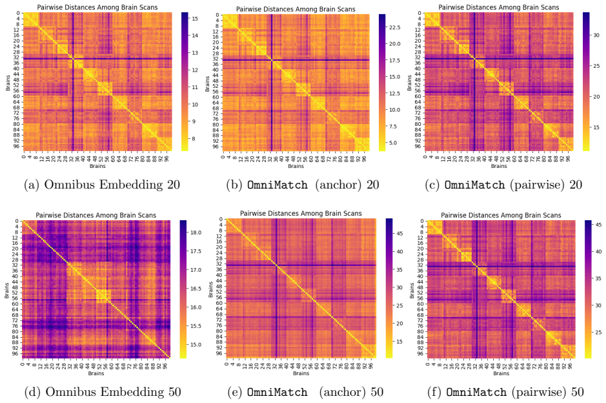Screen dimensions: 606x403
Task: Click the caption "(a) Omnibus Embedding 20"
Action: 102,185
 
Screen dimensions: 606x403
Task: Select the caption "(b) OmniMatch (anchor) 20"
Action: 302,185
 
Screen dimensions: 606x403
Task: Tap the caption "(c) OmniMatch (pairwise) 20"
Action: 503,185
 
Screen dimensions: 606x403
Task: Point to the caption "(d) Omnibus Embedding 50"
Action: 103,392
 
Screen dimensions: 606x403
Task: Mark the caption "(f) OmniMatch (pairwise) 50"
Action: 505,392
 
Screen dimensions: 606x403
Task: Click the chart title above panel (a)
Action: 97,7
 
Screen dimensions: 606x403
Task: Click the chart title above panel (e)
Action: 301,213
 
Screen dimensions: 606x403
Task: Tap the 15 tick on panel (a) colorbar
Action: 195,19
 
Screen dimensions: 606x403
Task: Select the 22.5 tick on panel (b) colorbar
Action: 394,28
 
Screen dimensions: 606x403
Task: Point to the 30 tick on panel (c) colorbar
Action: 596,35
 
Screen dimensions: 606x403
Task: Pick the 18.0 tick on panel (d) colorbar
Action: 196,232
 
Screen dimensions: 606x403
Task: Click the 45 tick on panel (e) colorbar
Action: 399,234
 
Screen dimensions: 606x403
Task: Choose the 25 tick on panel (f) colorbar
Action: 598,332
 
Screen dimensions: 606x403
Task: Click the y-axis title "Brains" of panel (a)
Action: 8,82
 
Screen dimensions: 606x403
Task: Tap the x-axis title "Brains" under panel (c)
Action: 499,166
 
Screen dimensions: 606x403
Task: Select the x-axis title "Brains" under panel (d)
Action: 96,373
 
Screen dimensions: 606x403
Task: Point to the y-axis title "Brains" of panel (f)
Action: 412,290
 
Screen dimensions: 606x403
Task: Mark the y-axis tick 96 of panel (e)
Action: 220,353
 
